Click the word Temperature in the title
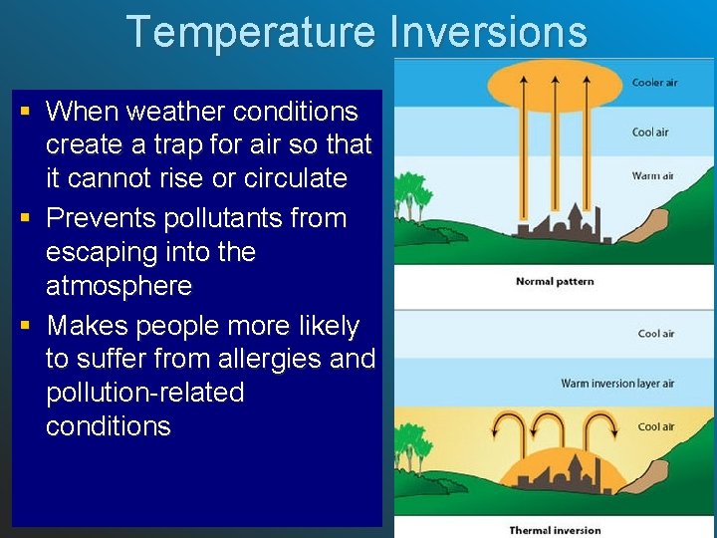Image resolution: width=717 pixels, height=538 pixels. [250, 32]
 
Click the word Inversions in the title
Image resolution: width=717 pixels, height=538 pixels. [488, 32]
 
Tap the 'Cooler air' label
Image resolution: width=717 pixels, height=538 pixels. [654, 83]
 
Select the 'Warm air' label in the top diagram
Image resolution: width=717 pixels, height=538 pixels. [652, 176]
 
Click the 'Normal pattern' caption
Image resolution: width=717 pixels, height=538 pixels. [555, 282]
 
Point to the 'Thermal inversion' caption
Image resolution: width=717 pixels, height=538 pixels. [555, 530]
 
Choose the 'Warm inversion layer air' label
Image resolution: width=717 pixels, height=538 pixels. [616, 384]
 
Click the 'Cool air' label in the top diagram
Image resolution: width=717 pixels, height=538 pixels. [650, 133]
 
